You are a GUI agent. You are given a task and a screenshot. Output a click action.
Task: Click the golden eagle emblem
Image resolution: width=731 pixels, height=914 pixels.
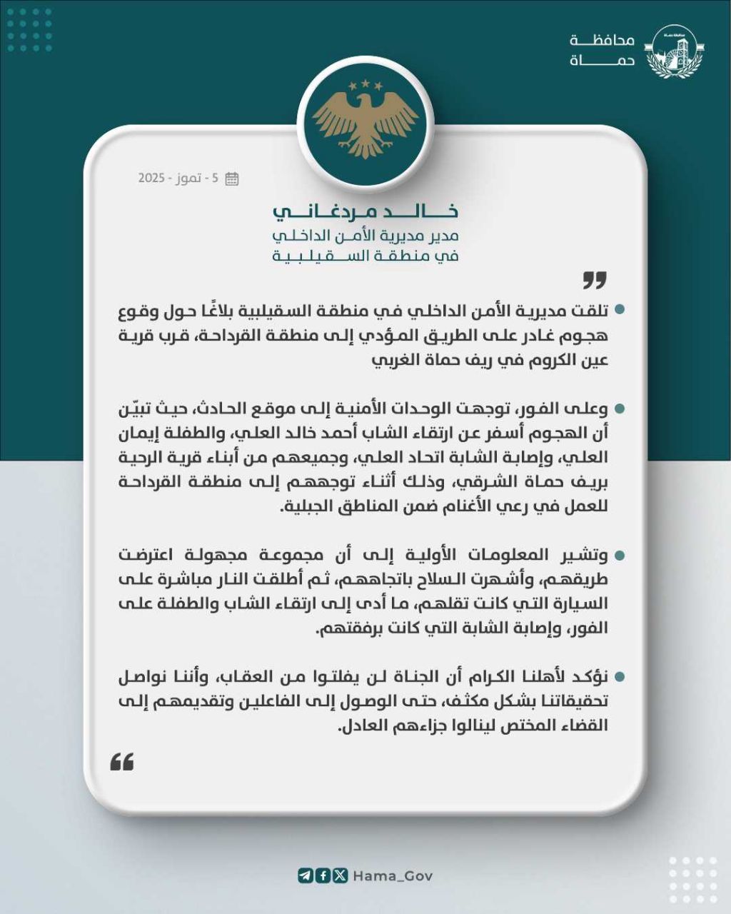tap(365, 119)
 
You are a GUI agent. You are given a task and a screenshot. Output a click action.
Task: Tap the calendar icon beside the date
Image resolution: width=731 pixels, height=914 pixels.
tap(232, 179)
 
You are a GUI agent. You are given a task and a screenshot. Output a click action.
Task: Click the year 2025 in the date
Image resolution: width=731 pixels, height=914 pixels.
tap(152, 179)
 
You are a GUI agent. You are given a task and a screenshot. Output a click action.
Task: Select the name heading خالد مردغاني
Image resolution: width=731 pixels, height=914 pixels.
tap(365, 211)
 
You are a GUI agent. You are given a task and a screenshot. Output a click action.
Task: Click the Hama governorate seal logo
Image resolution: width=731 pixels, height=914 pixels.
tap(674, 51)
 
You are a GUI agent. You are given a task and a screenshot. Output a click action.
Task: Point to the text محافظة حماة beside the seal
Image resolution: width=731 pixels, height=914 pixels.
tap(603, 51)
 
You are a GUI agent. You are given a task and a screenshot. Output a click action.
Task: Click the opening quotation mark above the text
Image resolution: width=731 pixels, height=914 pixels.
tap(594, 280)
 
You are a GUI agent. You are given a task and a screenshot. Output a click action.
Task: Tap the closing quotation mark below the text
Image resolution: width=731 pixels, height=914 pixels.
tap(122, 763)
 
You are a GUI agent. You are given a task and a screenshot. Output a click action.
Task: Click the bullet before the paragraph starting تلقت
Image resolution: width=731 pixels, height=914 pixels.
tap(620, 311)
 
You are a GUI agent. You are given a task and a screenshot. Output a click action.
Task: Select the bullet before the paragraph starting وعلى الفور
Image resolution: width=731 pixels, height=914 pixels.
tap(620, 409)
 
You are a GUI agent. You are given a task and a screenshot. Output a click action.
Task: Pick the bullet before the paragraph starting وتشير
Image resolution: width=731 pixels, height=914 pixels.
tap(620, 555)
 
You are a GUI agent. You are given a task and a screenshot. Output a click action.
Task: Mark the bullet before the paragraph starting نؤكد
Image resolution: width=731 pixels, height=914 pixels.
tap(620, 676)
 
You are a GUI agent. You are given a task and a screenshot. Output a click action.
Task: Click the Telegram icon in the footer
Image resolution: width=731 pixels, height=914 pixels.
tap(306, 875)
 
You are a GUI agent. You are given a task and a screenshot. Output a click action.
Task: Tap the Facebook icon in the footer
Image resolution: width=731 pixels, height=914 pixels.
tap(323, 875)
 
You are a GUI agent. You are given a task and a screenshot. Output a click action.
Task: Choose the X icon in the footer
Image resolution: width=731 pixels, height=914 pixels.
tap(340, 875)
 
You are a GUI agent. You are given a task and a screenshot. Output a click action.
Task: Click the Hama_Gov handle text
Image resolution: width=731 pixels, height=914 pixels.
tap(393, 876)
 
